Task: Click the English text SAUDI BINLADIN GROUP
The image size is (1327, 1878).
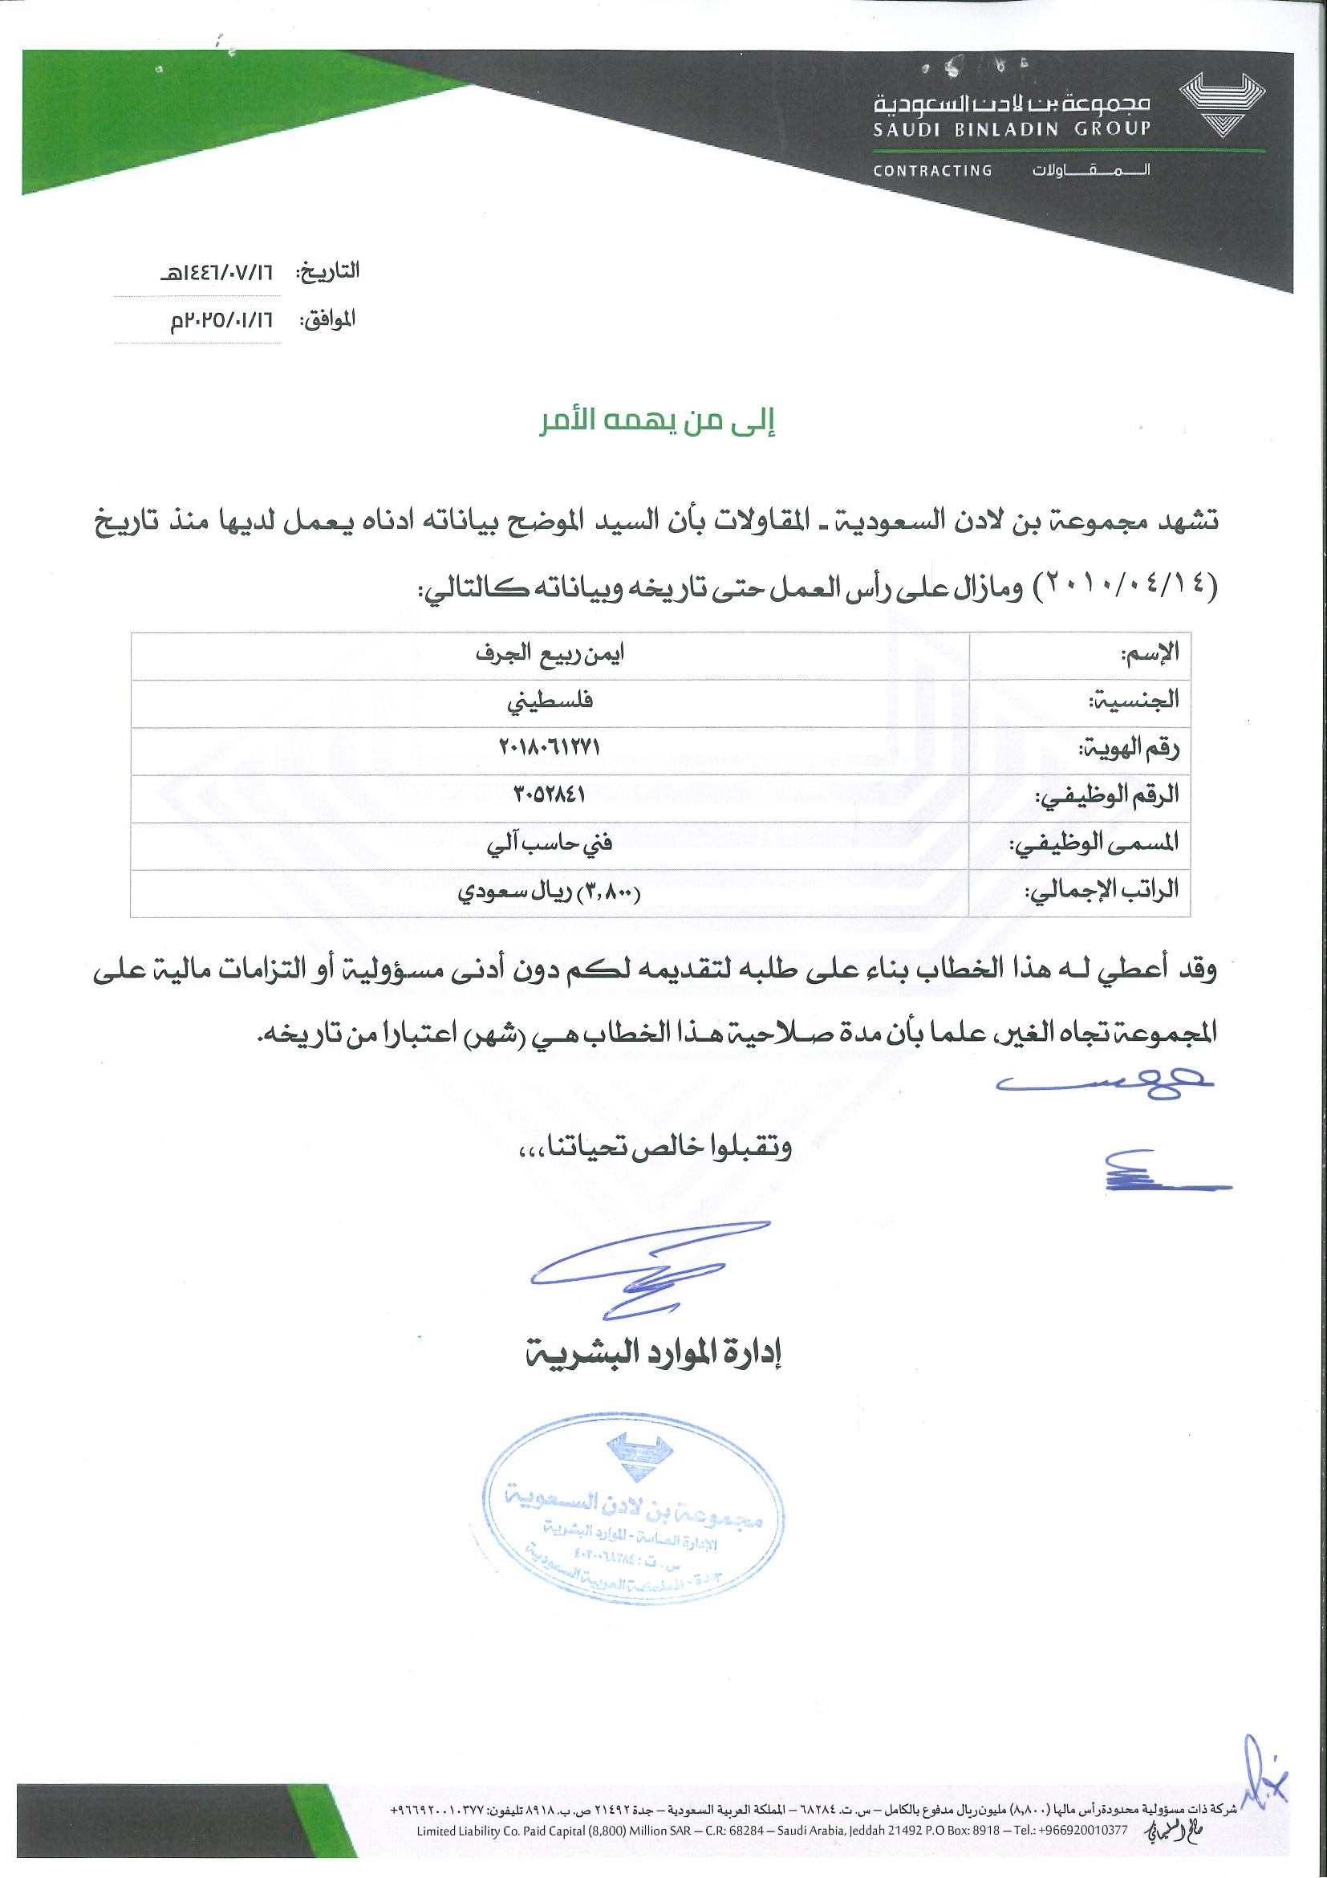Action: coord(1012,128)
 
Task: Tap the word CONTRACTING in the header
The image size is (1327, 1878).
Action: coord(932,171)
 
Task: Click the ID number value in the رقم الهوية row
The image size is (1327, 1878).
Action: coord(550,746)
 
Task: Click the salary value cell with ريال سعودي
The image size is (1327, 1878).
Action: coord(550,891)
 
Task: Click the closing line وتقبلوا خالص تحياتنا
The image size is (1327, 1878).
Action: coord(655,1149)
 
